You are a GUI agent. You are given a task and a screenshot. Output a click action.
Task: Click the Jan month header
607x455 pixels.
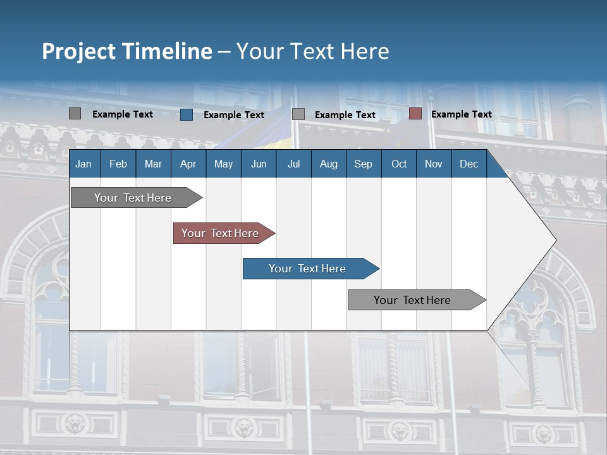tap(83, 164)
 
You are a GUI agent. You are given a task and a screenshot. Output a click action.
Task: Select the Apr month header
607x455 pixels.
tap(188, 164)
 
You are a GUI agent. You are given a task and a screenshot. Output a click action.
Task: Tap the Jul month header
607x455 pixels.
tap(293, 164)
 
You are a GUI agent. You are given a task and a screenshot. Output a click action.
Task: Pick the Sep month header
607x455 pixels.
tap(363, 164)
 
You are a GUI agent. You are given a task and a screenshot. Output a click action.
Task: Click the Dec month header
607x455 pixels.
tap(469, 164)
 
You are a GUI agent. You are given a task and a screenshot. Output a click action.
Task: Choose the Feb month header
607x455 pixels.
tap(118, 164)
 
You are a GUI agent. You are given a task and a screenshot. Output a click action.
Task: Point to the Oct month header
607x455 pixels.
tap(399, 164)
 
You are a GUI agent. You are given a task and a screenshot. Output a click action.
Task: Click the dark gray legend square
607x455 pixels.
tap(75, 114)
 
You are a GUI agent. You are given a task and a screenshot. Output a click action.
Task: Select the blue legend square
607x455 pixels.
tap(187, 114)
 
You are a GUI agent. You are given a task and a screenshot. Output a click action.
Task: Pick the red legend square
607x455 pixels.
tap(415, 114)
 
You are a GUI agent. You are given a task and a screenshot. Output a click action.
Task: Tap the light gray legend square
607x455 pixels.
tap(298, 114)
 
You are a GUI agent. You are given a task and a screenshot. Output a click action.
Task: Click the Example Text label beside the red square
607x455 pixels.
tap(461, 114)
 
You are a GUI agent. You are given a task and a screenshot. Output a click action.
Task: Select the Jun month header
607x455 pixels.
tap(259, 164)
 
